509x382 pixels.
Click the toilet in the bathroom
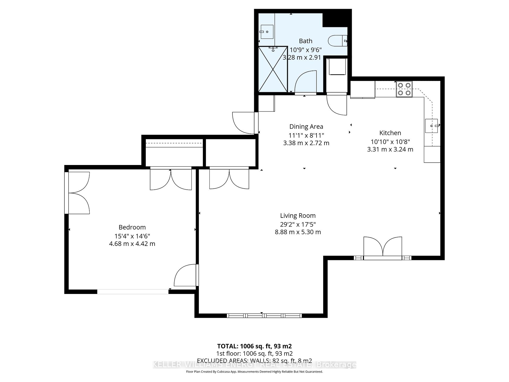pos(337,41)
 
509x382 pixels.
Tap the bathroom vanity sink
pos(267,32)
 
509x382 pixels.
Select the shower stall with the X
pos(273,69)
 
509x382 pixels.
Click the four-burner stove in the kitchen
pos(404,89)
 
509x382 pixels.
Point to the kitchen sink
pos(431,126)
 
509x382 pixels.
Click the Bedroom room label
pos(132,227)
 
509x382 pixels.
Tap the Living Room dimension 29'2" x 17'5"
pos(298,224)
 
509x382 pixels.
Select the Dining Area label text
pos(306,127)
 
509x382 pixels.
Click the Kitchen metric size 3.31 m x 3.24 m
pos(390,149)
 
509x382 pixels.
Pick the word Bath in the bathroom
pos(305,41)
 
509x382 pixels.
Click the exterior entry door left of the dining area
pos(244,123)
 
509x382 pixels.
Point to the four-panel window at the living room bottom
pos(264,316)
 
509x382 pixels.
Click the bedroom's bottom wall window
pos(133,292)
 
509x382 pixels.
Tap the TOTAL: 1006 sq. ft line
pos(254,346)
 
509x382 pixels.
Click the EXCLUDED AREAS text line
pos(254,361)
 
